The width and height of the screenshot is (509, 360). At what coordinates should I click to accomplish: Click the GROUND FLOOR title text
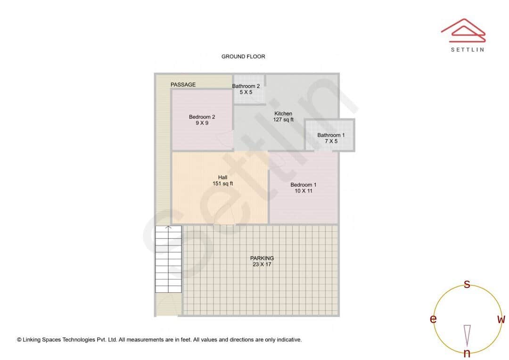[243, 57]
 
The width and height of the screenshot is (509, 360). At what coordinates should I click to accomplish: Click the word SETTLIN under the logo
[467, 49]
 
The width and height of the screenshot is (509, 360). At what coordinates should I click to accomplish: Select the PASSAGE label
[183, 85]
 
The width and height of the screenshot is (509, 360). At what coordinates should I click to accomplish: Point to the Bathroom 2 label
[246, 86]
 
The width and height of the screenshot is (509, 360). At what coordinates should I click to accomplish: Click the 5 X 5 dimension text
[246, 92]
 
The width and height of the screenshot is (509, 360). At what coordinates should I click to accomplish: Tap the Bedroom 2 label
[202, 117]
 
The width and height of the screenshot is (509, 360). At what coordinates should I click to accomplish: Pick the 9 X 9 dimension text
[202, 123]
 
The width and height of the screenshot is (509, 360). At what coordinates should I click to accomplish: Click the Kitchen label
[283, 114]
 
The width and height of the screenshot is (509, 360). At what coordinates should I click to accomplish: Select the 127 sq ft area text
[283, 120]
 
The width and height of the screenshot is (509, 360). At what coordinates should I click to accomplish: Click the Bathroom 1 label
[331, 135]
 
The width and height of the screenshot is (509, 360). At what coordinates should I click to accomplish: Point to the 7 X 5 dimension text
[331, 141]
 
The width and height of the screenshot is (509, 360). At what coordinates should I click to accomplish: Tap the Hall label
[222, 177]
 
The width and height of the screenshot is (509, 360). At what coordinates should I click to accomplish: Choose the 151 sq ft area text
[222, 183]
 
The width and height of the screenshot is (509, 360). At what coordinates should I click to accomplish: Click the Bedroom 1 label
[303, 185]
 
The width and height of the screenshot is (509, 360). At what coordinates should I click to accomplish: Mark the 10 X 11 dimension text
[303, 191]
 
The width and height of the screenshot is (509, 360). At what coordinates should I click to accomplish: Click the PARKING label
[262, 258]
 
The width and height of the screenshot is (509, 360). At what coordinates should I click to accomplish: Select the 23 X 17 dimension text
[262, 264]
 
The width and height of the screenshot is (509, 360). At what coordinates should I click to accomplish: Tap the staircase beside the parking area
[168, 259]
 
